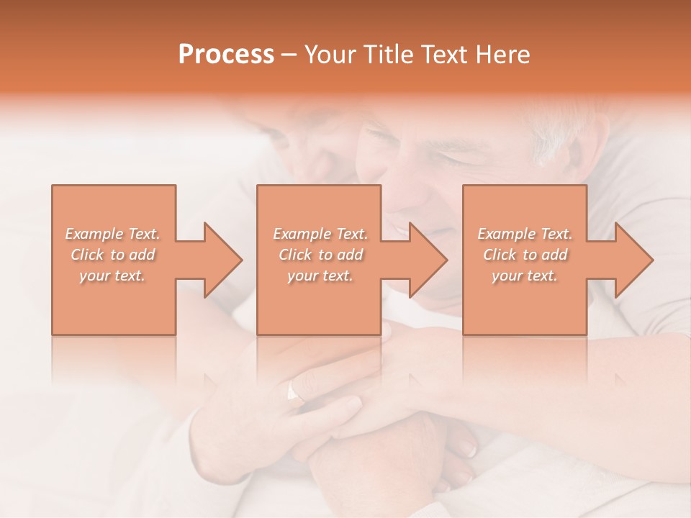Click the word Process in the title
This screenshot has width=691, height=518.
pos(226,55)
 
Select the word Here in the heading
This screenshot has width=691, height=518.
pos(504,55)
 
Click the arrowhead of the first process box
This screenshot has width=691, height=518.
pos(222,259)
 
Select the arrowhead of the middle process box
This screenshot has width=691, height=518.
pos(428,259)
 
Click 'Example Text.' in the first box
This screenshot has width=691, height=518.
pos(112,234)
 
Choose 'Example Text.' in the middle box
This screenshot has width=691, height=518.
pos(320,234)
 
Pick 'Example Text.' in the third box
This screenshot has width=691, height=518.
pos(525,234)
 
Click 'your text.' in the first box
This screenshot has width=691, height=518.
pos(112,276)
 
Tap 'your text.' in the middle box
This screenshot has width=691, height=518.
pos(320,276)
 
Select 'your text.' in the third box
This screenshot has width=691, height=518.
pos(525,276)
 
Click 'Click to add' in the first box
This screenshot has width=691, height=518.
pos(112,255)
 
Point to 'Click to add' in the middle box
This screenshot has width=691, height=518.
pos(320,255)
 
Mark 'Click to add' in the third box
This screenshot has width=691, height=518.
pos(525,255)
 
